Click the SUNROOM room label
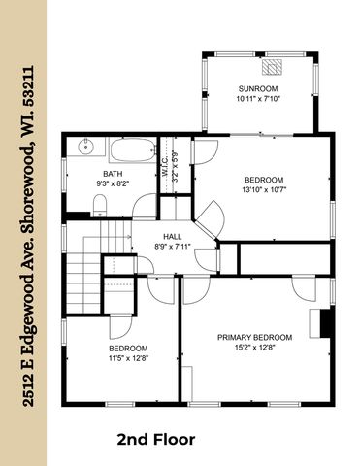[257, 88]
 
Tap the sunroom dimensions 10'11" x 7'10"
[257, 98]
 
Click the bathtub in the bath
[131, 151]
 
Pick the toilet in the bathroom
[100, 202]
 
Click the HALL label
[172, 236]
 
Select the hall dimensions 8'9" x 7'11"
[172, 247]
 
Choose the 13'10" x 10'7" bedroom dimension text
[263, 190]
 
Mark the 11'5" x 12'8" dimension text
[127, 358]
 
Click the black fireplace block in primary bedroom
[327, 324]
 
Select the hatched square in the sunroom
[273, 67]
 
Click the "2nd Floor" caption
[156, 440]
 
